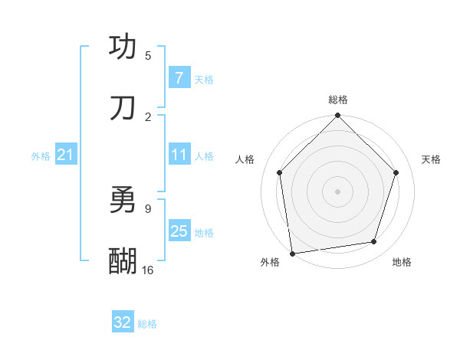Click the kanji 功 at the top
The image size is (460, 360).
click(123, 47)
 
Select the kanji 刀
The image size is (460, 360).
click(123, 108)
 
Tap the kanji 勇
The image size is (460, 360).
click(123, 201)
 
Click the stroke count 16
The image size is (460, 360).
click(148, 270)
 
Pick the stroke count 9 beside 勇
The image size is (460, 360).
click(148, 208)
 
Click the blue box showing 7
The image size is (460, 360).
click(179, 78)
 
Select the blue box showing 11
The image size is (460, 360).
click(179, 155)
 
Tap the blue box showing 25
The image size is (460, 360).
click(179, 231)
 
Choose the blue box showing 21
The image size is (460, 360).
click(65, 155)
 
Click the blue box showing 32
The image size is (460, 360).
click(123, 322)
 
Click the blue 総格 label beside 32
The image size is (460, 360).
click(147, 324)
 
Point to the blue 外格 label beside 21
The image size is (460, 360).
click(41, 156)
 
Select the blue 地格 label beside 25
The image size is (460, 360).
click(204, 232)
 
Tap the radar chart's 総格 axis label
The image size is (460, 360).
click(338, 100)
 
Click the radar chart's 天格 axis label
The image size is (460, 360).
click(431, 159)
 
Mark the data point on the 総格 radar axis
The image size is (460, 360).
click(338, 116)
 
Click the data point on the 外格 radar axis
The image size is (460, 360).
click(292, 253)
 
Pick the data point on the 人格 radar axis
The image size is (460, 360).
click(280, 172)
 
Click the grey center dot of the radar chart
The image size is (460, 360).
click(338, 191)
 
